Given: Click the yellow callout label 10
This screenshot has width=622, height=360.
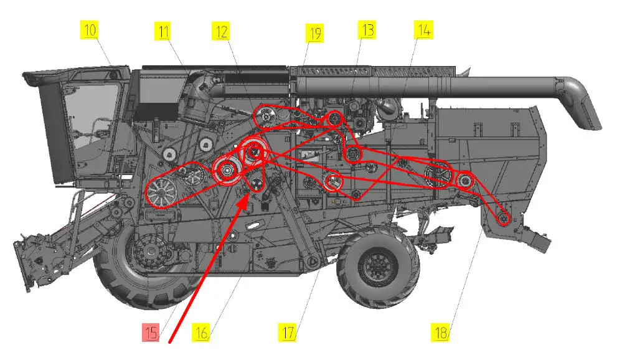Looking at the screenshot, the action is point(90,30).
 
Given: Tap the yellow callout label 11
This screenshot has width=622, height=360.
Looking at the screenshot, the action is point(163,31).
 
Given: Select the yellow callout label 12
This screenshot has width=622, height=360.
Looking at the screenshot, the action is point(222,31).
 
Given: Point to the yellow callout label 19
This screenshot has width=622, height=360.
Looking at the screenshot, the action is point(314,34).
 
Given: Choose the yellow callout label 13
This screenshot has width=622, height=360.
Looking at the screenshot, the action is point(367,30).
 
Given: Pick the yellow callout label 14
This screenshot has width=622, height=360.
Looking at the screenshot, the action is point(423,30).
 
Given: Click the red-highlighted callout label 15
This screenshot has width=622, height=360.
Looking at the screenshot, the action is point(151,332).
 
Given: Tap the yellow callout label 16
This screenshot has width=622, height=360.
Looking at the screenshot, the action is point(201,332).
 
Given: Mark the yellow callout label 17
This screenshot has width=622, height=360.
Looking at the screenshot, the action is point(288,332).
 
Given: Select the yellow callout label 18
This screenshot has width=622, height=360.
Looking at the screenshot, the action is point(441,332).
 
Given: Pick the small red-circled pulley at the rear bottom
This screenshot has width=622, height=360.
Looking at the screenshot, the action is point(504,218).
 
